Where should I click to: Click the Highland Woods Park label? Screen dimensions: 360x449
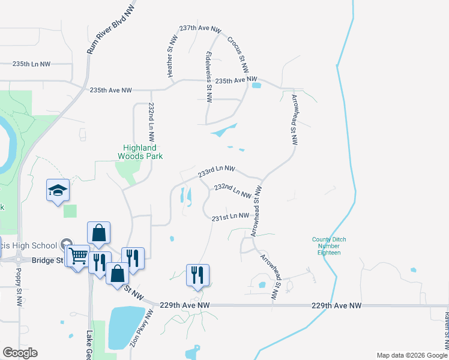pyautogui.click(x=139, y=152)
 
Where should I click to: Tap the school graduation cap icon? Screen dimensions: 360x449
pyautogui.click(x=58, y=191)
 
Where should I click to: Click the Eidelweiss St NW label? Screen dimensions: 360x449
pyautogui.click(x=208, y=71)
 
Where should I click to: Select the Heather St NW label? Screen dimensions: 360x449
pyautogui.click(x=172, y=55)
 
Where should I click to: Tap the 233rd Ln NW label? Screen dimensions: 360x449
pyautogui.click(x=216, y=172)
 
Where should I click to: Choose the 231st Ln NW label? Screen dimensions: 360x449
pyautogui.click(x=230, y=216)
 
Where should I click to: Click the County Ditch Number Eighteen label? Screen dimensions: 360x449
pyautogui.click(x=329, y=246)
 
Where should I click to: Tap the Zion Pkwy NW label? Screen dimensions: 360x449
pyautogui.click(x=140, y=331)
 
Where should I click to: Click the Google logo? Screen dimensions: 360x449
pyautogui.click(x=20, y=353)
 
